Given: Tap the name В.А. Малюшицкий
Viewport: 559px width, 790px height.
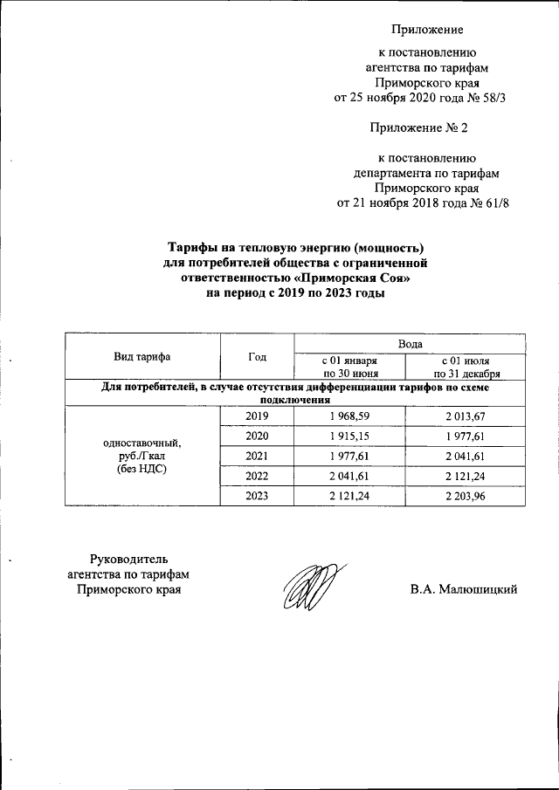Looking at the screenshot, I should [x=465, y=589].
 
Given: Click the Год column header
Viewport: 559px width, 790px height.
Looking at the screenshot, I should [x=257, y=357].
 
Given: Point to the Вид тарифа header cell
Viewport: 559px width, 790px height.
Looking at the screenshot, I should [x=141, y=357].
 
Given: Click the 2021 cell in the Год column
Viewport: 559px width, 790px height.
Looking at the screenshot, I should [x=257, y=455].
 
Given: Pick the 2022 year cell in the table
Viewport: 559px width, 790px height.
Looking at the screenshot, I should [x=257, y=475].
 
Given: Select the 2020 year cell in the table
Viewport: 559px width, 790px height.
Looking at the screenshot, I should [x=257, y=436].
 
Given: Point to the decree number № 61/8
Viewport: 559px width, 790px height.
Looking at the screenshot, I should [x=491, y=203].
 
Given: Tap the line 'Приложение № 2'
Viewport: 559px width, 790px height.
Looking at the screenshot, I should [x=419, y=128].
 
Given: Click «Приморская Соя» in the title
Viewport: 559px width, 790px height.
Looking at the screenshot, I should [x=354, y=278].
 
